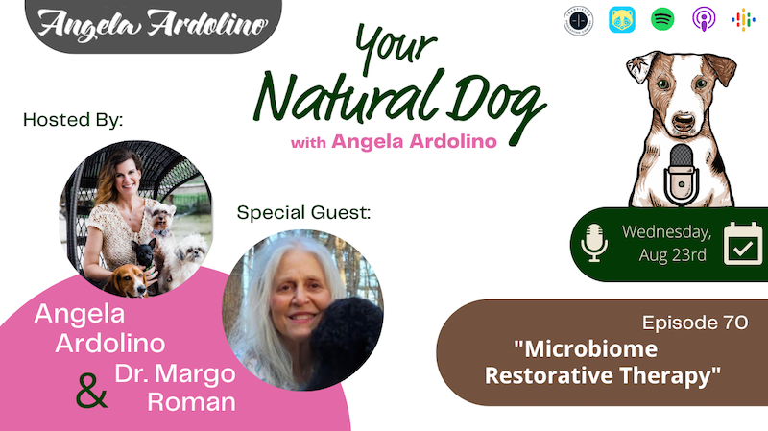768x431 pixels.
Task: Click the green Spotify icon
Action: pyautogui.click(x=662, y=19)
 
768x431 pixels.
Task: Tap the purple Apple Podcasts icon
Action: pyautogui.click(x=704, y=19)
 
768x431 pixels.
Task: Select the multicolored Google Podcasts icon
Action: pyautogui.click(x=743, y=19)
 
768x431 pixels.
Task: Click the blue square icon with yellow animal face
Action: pyautogui.click(x=621, y=19)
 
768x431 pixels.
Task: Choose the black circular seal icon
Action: pyautogui.click(x=579, y=20)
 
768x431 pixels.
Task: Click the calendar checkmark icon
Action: pyautogui.click(x=742, y=244)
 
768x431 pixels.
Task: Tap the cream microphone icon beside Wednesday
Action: pyautogui.click(x=594, y=243)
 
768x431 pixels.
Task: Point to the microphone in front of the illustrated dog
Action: pyautogui.click(x=681, y=175)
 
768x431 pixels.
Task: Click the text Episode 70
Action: pyautogui.click(x=695, y=323)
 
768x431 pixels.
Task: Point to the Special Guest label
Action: pyautogui.click(x=303, y=213)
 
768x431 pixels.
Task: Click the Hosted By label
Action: pyautogui.click(x=73, y=120)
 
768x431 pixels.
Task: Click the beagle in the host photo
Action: pyautogui.click(x=127, y=280)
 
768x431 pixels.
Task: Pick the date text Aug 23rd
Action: pyautogui.click(x=673, y=255)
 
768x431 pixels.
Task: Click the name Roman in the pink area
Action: pyautogui.click(x=191, y=401)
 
